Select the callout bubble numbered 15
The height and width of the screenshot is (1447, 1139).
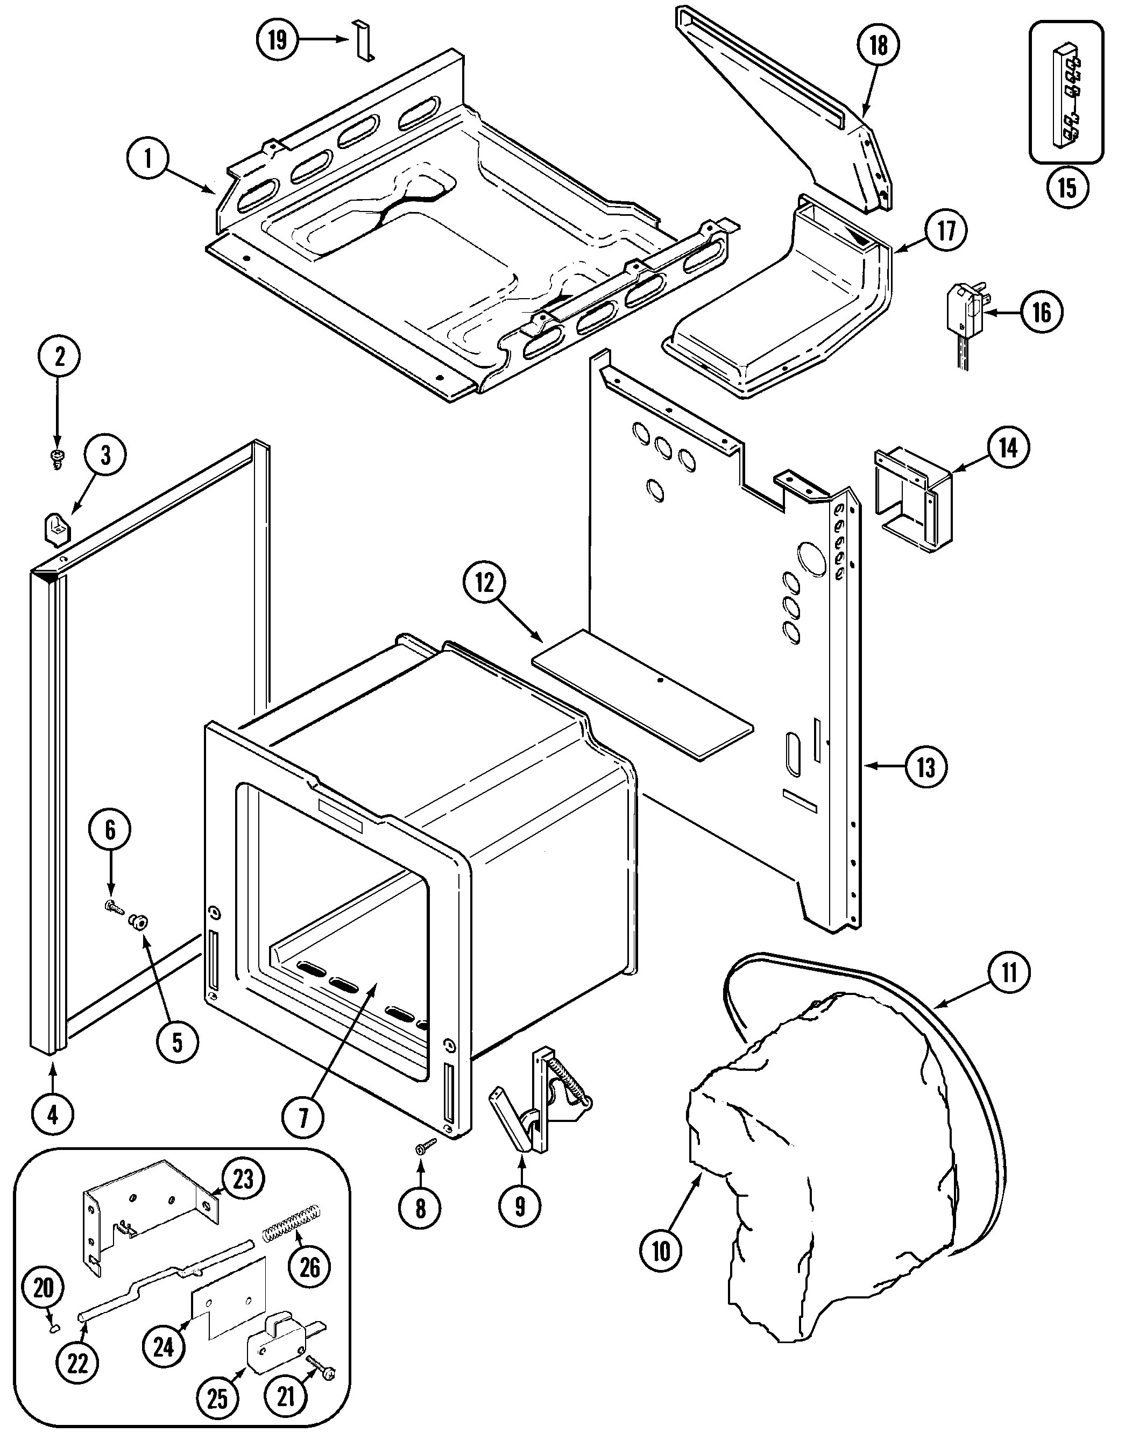[x=1067, y=187]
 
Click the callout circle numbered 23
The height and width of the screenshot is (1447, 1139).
[x=243, y=1180]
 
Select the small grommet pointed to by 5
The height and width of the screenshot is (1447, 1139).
[x=139, y=922]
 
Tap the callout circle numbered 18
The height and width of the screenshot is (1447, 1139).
[x=878, y=45]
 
